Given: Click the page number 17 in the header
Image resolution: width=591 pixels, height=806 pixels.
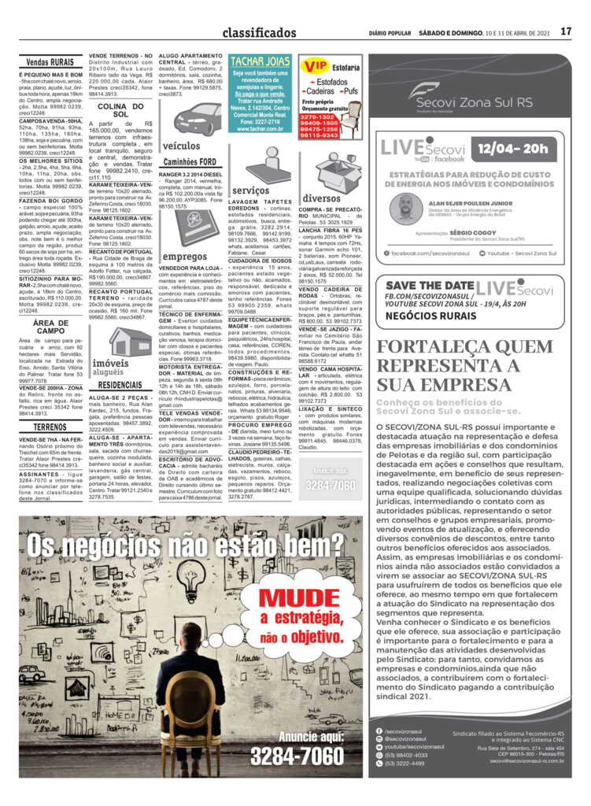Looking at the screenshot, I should (x=566, y=32).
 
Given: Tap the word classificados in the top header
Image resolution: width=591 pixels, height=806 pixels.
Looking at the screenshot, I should (x=259, y=33).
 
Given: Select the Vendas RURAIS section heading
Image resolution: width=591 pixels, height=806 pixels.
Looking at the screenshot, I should (x=50, y=61).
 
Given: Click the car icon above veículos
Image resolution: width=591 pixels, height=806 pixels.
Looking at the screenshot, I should (x=197, y=119).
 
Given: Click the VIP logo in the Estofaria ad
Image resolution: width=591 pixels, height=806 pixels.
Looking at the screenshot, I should (x=316, y=65).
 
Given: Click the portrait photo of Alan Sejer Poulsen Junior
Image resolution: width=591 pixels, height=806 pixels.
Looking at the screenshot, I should (x=406, y=207).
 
